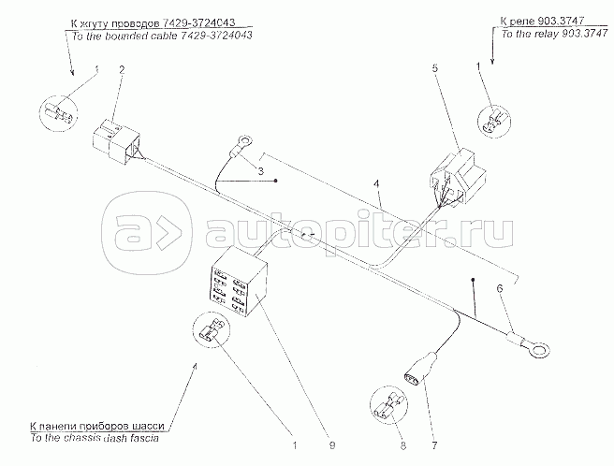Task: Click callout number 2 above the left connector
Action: point(120,70)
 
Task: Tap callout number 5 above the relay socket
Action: point(435,68)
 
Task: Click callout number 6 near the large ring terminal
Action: point(499,291)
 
